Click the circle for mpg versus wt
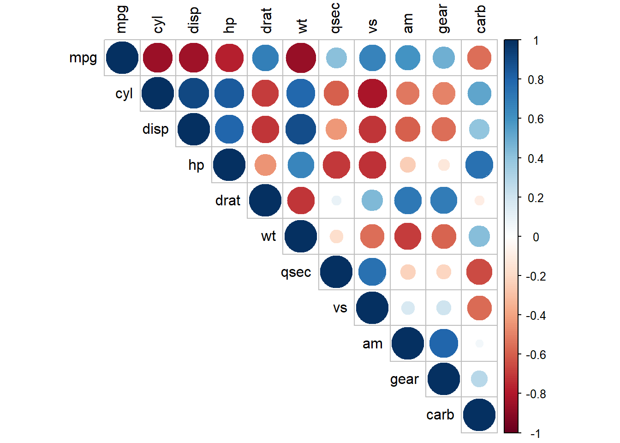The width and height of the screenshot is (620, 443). (301, 58)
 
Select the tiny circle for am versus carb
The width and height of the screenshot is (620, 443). (479, 343)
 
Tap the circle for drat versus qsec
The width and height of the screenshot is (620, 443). (336, 200)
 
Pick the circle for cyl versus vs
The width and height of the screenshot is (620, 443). (372, 93)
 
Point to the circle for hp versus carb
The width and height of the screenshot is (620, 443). (479, 165)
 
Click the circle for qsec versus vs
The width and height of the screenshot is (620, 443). (372, 272)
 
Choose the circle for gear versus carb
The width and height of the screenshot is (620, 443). (479, 379)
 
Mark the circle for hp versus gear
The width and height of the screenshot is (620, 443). (444, 165)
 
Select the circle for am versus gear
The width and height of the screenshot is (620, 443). (444, 343)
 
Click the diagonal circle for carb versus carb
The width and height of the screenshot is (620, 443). (479, 415)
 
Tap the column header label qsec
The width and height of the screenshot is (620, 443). (335, 18)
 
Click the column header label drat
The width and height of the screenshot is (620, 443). (266, 21)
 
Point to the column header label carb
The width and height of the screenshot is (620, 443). (481, 19)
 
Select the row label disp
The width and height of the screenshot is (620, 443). (155, 129)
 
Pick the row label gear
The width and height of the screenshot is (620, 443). (405, 379)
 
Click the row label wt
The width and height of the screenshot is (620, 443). (268, 236)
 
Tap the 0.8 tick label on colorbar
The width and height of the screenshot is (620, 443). (536, 80)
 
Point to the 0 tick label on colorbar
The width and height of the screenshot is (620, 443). (536, 237)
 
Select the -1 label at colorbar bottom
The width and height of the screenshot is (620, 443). (535, 434)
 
